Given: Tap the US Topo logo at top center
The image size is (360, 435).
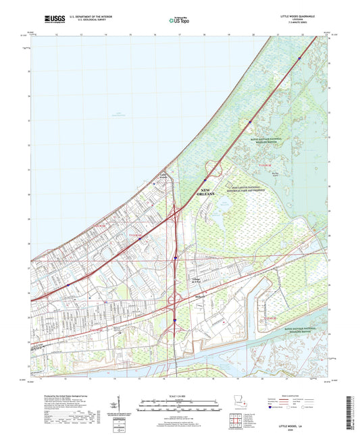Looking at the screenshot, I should pos(178,21).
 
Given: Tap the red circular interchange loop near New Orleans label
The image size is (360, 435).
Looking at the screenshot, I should pos(214,169).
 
